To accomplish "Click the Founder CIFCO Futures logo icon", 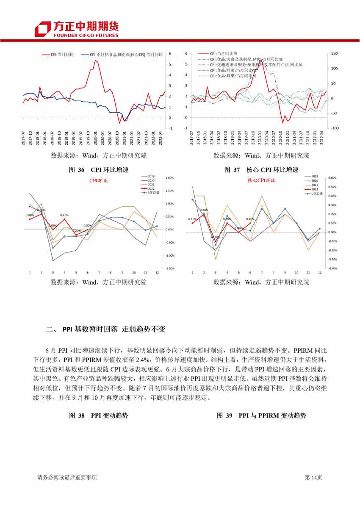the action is (x=43, y=28).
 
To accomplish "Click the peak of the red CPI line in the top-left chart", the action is (x=95, y=60).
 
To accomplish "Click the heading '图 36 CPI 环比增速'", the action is (x=98, y=170).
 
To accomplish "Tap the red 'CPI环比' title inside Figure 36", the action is (x=98, y=181).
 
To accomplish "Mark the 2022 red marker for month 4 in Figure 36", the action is (x=64, y=219).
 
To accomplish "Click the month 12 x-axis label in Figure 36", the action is (x=157, y=272).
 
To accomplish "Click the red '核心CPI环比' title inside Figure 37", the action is (x=261, y=181).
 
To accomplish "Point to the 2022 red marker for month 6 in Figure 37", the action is (x=250, y=223).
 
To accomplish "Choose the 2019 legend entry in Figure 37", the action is (x=314, y=176).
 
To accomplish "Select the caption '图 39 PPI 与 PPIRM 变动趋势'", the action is (x=261, y=415).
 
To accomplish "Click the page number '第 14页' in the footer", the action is (x=313, y=478).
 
